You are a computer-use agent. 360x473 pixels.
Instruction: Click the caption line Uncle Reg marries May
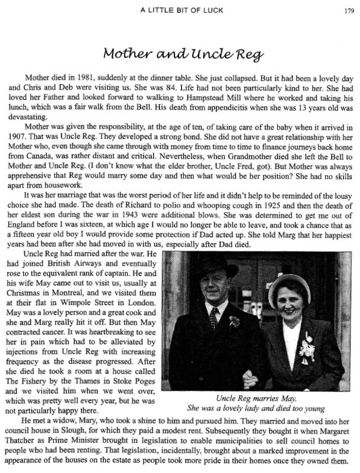pyautogui.click(x=260, y=397)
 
